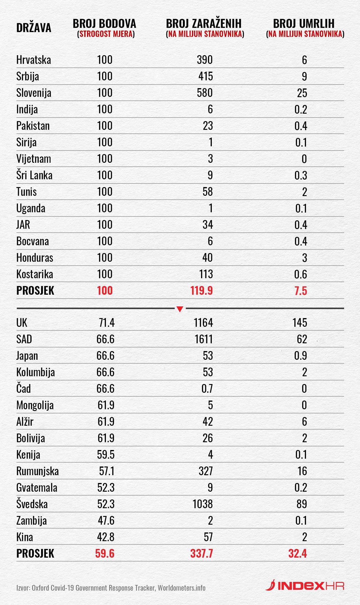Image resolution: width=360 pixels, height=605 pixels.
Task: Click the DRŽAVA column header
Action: [x=34, y=28]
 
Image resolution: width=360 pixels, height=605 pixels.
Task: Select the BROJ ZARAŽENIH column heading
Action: [x=204, y=23]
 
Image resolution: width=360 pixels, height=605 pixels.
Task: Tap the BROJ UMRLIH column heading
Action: [x=304, y=23]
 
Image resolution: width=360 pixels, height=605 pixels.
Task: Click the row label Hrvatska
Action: [x=34, y=60]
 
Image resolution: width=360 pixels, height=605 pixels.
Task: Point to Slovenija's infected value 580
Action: [x=205, y=93]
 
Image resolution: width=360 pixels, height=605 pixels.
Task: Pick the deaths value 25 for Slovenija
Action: [x=302, y=93]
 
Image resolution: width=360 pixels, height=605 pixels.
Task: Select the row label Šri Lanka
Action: [x=34, y=175]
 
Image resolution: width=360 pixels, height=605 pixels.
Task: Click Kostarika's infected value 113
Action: [x=206, y=274]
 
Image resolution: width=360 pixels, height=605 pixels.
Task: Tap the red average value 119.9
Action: [x=201, y=291]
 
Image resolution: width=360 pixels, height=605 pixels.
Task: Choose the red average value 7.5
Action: [x=301, y=291]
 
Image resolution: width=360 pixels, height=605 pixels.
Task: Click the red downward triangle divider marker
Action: [x=180, y=309]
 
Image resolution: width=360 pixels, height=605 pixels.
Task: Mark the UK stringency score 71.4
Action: [x=107, y=323]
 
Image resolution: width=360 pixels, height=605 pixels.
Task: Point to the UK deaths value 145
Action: [x=300, y=323]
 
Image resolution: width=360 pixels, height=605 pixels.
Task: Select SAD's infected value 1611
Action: [x=203, y=339]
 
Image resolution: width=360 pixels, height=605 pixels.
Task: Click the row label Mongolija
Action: [x=35, y=405]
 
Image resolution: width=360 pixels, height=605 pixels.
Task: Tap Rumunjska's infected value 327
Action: [x=205, y=471]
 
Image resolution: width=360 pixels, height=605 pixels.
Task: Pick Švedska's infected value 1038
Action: [x=202, y=504]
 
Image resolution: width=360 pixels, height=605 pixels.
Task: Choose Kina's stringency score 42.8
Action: [x=106, y=537]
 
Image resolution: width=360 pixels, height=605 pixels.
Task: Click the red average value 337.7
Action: [x=201, y=553]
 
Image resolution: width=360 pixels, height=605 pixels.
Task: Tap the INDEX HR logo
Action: [x=305, y=586]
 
